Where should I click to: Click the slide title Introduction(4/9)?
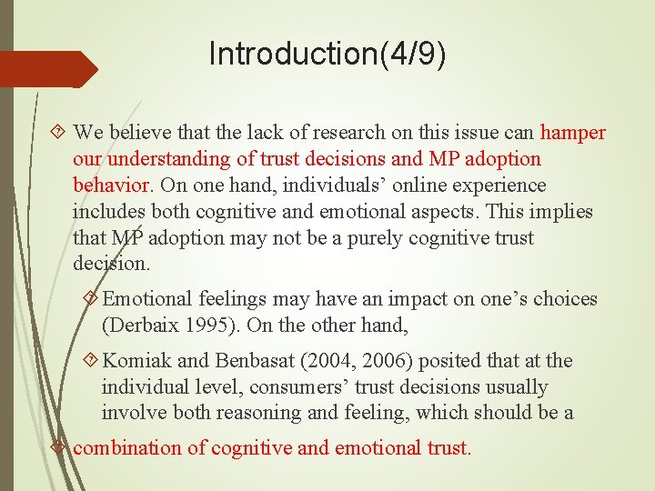327,54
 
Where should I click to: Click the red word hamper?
572,133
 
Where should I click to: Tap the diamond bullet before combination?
60,447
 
